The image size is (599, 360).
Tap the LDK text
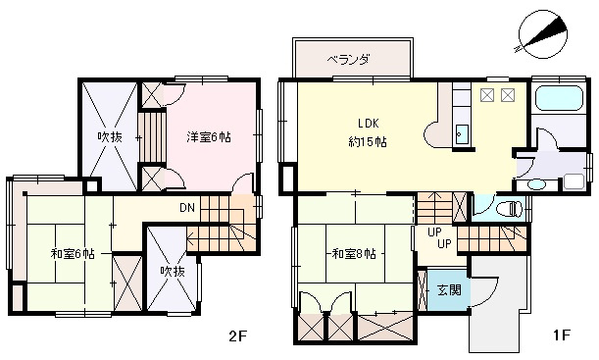pos(368,124)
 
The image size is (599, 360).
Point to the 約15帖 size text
pos(368,141)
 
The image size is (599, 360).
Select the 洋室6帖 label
pos(209,137)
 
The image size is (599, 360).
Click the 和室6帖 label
pos(73,253)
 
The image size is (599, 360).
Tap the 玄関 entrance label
pos(449,290)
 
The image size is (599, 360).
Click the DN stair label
pos(187,208)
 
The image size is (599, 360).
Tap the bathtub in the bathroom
pos(560,98)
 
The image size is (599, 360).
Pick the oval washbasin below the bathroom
pos(535,184)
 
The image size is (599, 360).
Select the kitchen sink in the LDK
pos(463,133)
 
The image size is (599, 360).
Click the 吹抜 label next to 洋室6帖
pos(109,137)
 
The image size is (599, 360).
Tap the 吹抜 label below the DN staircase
pos(172,271)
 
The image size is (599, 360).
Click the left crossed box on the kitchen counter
pos(487,95)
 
